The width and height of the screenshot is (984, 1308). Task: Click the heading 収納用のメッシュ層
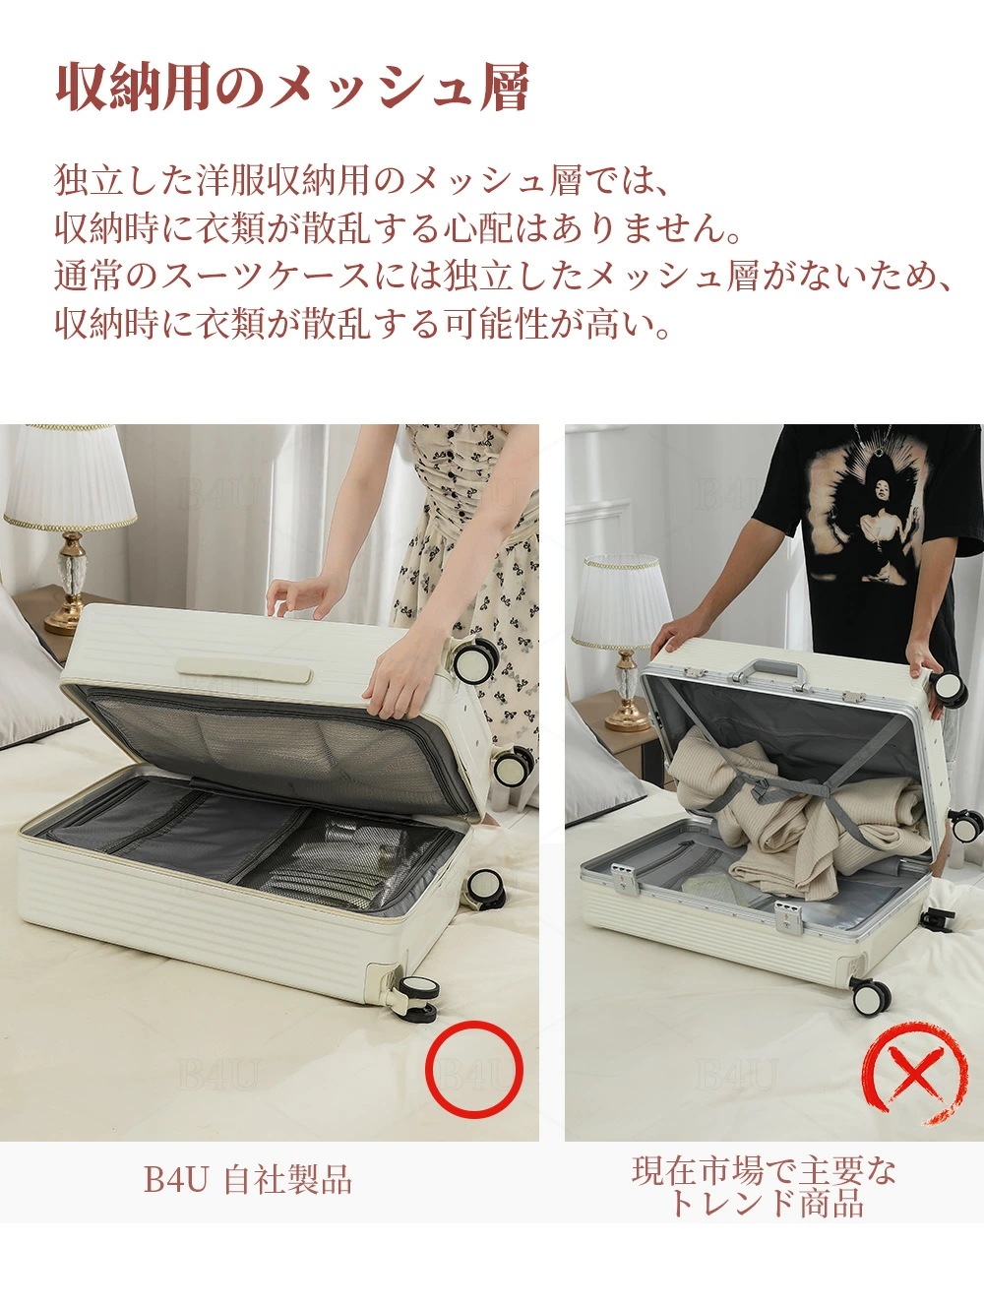(292, 89)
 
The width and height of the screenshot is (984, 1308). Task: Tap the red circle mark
(474, 1070)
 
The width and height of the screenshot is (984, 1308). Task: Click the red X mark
(914, 1072)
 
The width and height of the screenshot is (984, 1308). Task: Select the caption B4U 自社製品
(248, 1179)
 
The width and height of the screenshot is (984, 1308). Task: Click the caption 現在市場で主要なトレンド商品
(765, 1187)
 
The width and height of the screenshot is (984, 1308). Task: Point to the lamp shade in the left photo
(69, 478)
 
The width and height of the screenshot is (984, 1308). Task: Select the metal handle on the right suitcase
(769, 673)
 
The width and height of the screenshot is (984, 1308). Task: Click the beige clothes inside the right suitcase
(787, 807)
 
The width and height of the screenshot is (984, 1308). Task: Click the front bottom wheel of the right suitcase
(870, 998)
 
